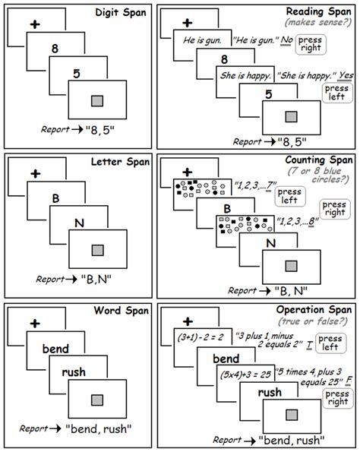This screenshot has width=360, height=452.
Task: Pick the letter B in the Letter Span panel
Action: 55,198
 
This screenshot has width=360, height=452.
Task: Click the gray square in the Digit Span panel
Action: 96,101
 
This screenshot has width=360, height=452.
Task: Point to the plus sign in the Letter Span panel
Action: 33,173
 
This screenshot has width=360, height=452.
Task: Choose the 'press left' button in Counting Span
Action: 289,197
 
